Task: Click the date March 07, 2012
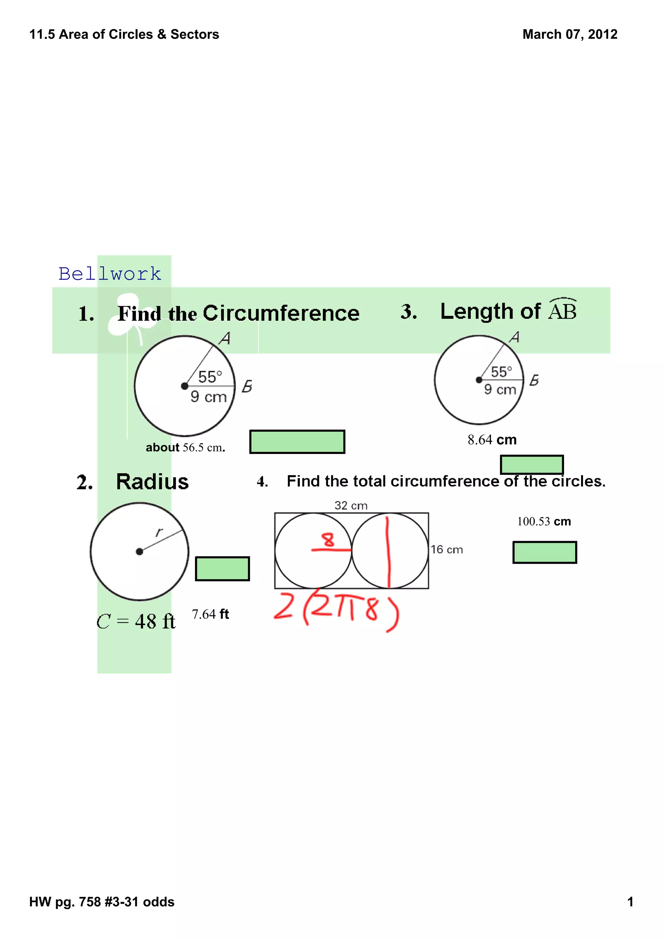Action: point(570,34)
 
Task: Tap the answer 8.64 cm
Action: point(492,440)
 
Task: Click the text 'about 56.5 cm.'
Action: point(185,447)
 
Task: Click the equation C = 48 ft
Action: point(136,622)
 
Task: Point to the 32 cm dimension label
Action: point(350,506)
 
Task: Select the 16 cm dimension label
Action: point(446,550)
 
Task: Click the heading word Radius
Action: point(152,482)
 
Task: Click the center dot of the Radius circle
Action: point(139,552)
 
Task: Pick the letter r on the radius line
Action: point(159,532)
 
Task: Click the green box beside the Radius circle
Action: point(222,568)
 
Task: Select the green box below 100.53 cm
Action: point(545,552)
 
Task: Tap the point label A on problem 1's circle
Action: point(225,339)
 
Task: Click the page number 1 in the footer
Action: point(630,902)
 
